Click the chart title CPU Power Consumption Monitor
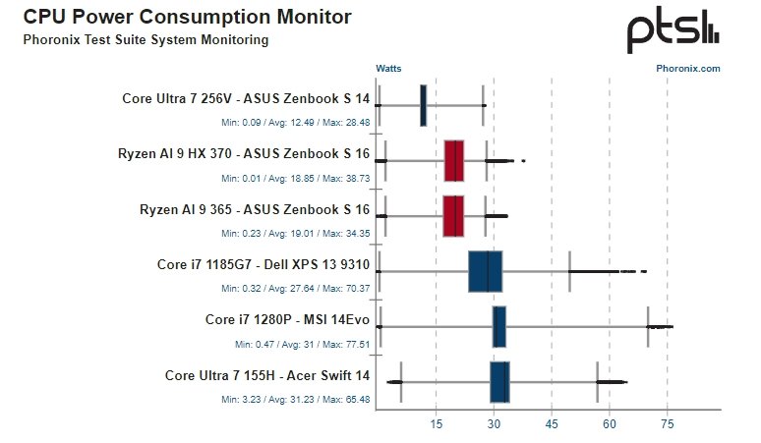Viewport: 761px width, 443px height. tap(187, 18)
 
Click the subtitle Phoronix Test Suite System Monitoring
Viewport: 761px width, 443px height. tap(145, 40)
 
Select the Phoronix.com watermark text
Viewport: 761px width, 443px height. tap(687, 69)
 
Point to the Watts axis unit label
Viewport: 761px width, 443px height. tap(389, 69)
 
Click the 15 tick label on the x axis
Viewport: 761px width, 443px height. tap(436, 423)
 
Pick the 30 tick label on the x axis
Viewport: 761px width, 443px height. tap(494, 423)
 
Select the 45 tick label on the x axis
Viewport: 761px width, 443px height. tap(552, 423)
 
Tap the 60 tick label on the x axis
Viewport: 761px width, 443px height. tap(610, 423)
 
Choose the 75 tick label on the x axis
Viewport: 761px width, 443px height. tap(668, 423)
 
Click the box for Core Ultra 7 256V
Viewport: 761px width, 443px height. tap(423, 105)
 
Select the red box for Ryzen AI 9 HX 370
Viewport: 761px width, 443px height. tap(453, 161)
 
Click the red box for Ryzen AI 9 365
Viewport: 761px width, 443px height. tap(453, 216)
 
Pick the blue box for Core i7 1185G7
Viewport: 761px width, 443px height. tap(485, 272)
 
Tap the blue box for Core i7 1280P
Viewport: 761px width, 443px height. tap(498, 327)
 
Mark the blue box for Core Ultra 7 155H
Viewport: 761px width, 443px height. tap(499, 382)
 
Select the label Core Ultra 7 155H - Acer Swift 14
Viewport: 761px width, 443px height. tap(267, 375)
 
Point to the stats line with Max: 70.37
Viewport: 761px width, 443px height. tap(295, 289)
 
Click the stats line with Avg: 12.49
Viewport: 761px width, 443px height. tap(295, 122)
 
